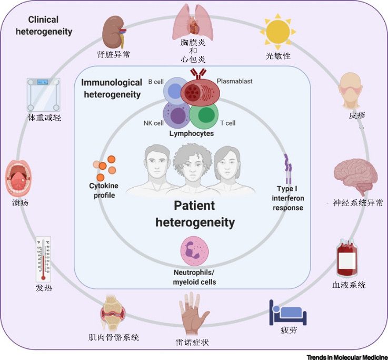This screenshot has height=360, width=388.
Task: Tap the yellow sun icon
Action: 278,32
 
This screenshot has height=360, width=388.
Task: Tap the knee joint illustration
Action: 114,314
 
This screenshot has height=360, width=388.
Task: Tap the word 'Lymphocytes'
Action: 191,134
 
